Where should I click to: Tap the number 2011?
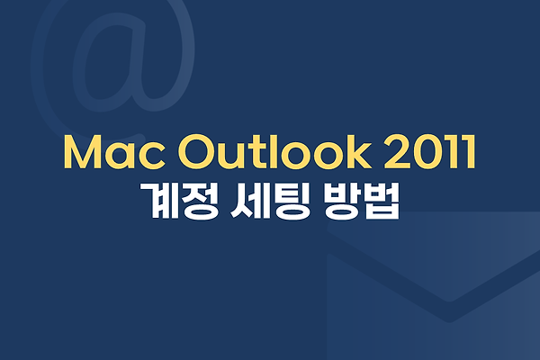click(x=430, y=152)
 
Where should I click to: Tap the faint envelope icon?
click(x=433, y=286)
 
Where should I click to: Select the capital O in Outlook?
click(x=196, y=152)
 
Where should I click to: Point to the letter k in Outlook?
click(x=358, y=151)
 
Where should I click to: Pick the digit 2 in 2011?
click(x=397, y=152)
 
